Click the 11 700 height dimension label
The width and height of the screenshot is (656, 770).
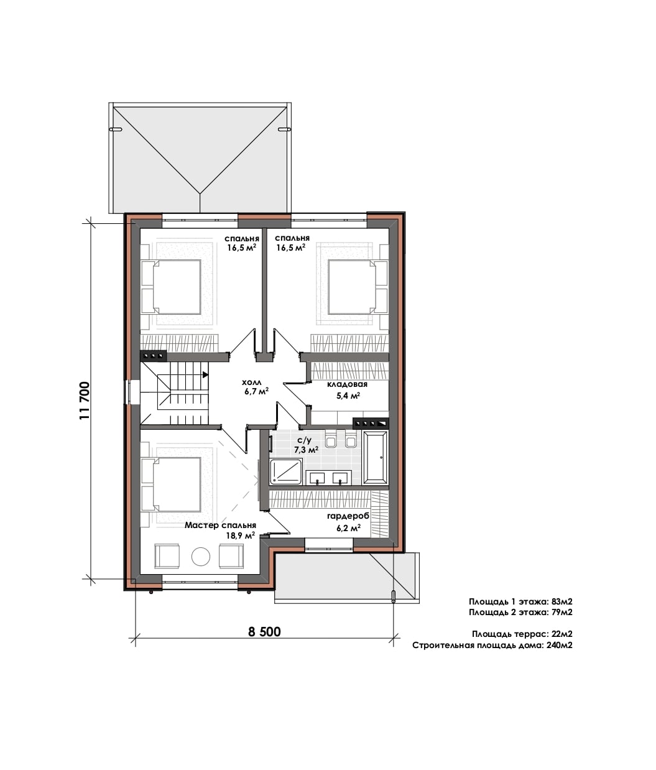[x=85, y=401]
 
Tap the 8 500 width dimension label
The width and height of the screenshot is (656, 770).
[x=264, y=632]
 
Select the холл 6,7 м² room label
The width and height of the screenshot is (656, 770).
[x=256, y=387]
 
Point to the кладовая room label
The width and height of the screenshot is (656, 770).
[x=347, y=384]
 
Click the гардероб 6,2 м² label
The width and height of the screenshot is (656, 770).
[x=348, y=522]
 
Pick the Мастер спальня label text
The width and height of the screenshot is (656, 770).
[x=221, y=525]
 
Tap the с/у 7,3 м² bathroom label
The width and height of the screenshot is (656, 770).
[x=306, y=445]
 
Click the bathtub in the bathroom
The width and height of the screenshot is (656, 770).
[x=376, y=458]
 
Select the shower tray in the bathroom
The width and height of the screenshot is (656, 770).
[x=286, y=472]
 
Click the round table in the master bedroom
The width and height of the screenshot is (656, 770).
[x=201, y=557]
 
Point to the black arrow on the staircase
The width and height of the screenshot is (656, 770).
[x=205, y=374]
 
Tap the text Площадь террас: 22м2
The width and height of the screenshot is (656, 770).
[x=522, y=634]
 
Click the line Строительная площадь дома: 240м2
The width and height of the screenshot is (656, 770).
[x=492, y=645]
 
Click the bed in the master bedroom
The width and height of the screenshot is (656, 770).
[x=172, y=485]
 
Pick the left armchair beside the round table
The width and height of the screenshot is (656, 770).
[x=167, y=556]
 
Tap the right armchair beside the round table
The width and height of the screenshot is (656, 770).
[x=231, y=556]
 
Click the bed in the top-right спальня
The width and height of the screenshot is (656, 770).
[x=358, y=287]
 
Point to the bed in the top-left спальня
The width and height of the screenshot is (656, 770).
[x=172, y=287]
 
